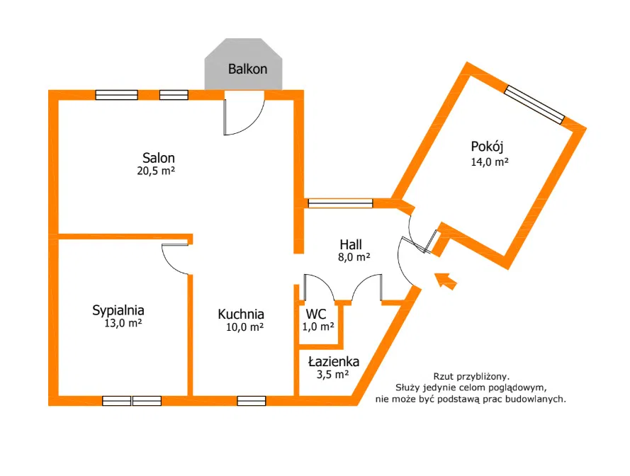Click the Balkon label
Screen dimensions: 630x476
coord(247,69)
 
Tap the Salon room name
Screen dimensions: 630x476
coord(158,157)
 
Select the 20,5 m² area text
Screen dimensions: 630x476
coord(156,171)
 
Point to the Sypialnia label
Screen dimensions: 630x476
coord(118,310)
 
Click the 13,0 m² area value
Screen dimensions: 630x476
coord(123,323)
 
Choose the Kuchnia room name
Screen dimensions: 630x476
coord(241,314)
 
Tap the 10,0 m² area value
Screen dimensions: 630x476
coord(244,327)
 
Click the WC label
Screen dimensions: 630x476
coord(316,314)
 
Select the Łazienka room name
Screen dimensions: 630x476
coord(334,362)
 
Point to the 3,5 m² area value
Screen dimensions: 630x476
coord(332,375)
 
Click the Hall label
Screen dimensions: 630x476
coord(351,244)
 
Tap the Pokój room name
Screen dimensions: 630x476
coord(487,147)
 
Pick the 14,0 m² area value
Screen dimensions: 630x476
coord(490,162)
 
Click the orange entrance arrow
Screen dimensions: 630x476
coord(446,280)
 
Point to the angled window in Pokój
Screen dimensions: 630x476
coord(534,104)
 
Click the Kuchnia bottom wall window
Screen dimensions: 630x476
coord(252,400)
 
